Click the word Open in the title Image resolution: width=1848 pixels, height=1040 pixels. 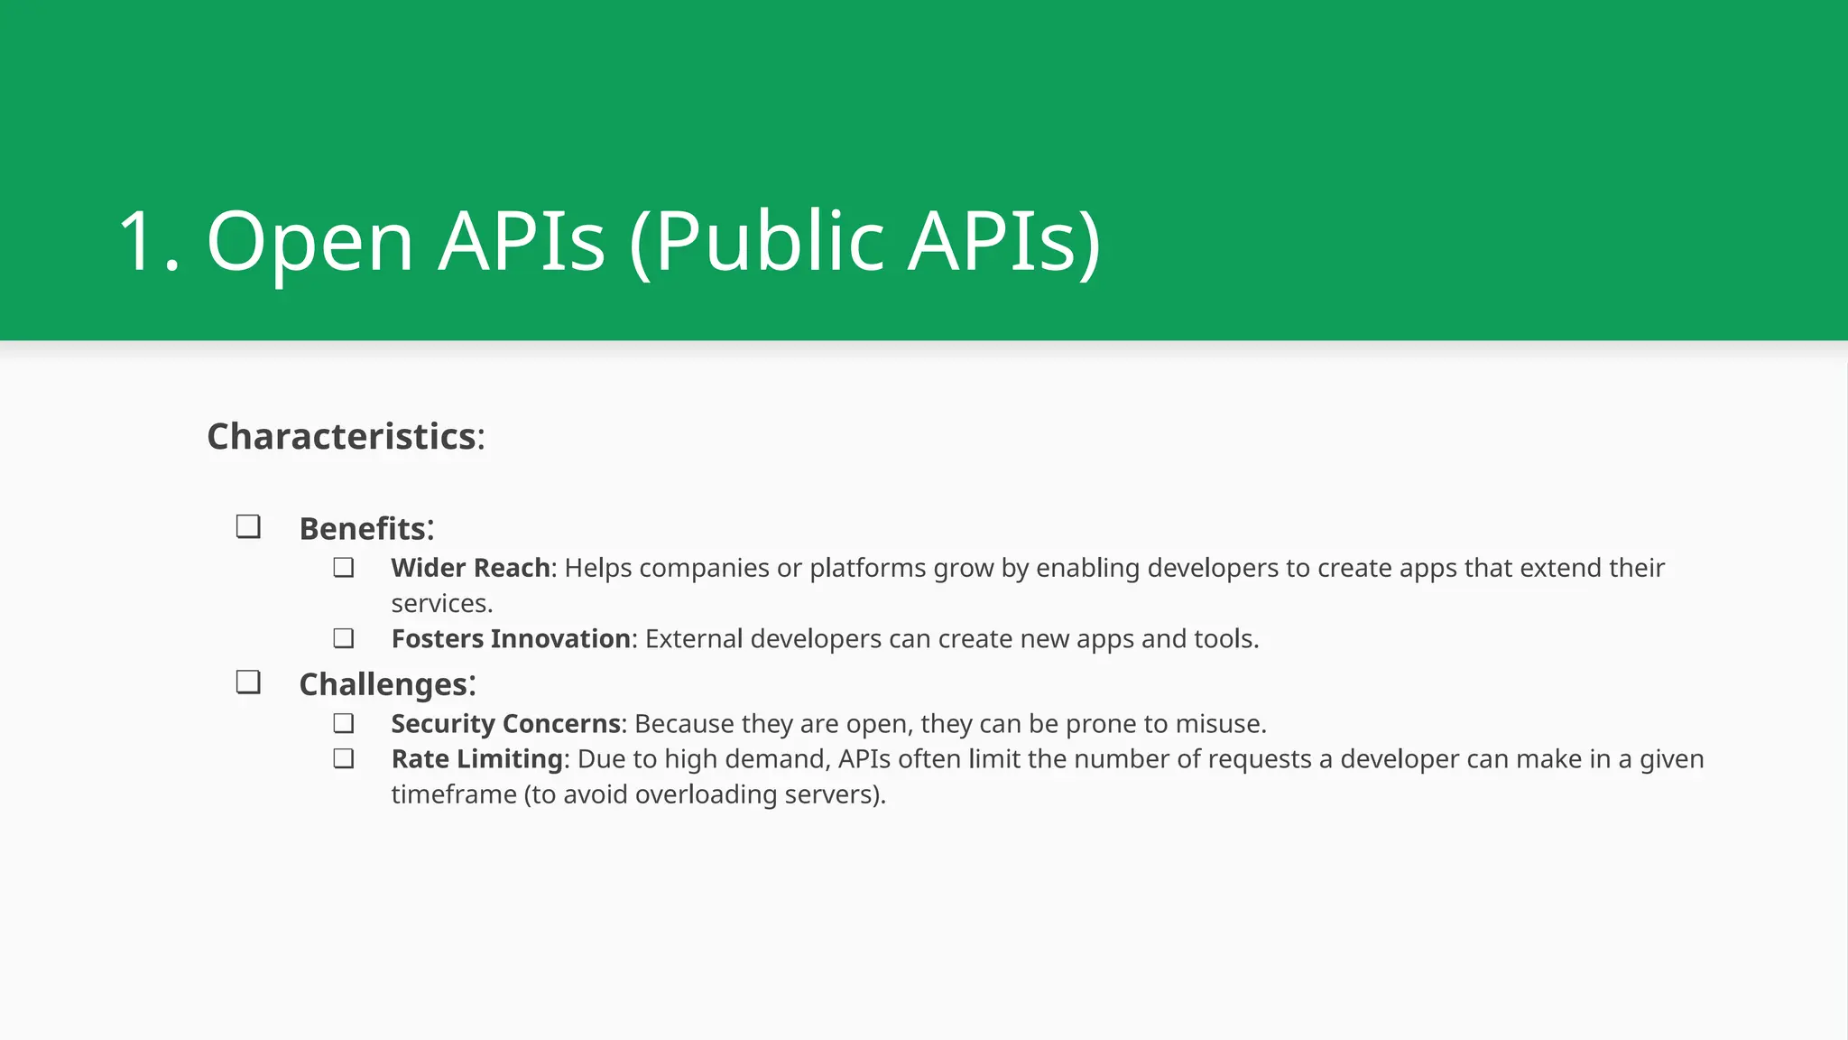click(310, 242)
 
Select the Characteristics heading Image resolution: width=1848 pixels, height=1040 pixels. click(342, 437)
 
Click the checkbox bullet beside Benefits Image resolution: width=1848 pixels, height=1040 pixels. click(248, 526)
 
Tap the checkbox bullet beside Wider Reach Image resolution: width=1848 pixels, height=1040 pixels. click(343, 568)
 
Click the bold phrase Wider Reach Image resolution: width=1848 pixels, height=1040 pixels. click(470, 568)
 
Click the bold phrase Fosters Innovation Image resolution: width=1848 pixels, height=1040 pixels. click(510, 639)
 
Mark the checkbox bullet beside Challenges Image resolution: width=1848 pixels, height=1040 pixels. click(248, 682)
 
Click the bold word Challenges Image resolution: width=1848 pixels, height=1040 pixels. click(383, 685)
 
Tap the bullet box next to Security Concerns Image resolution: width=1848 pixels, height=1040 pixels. click(343, 723)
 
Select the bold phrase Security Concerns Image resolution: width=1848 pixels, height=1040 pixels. click(505, 724)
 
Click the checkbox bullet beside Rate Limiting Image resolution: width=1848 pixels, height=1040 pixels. click(343, 758)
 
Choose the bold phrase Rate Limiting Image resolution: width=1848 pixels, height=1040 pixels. click(476, 759)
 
